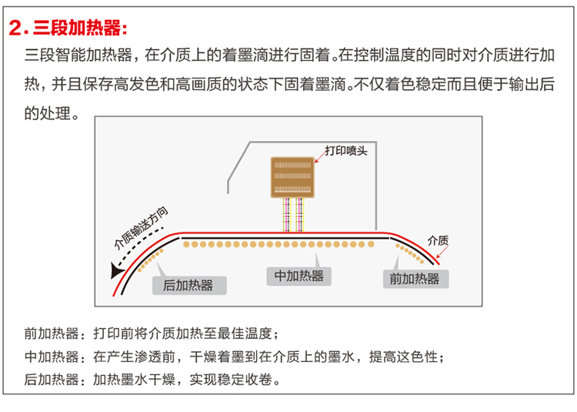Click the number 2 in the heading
click(15, 29)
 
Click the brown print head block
click(293, 178)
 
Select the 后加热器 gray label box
click(188, 285)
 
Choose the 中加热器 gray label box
click(299, 276)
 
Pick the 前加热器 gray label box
click(415, 279)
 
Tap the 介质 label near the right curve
click(438, 239)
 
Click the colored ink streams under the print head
click(293, 215)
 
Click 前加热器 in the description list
click(52, 334)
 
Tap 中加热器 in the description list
click(52, 357)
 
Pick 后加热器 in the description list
click(52, 379)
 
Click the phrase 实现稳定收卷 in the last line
click(234, 379)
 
